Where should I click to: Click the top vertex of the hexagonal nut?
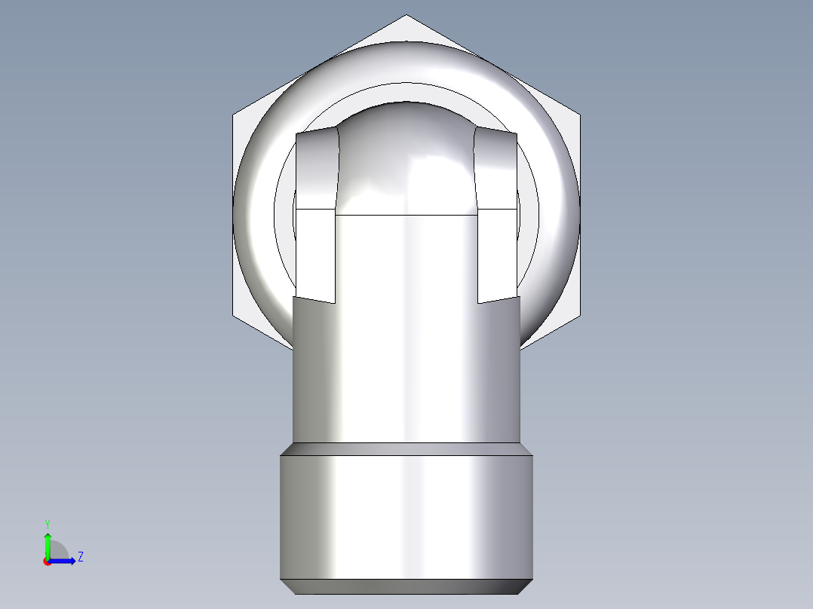(x=406, y=16)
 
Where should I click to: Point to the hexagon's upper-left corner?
(x=234, y=115)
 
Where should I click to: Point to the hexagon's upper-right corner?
(x=579, y=115)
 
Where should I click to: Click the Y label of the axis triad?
(x=47, y=523)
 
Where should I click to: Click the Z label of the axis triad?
(x=80, y=557)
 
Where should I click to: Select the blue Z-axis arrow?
(x=63, y=561)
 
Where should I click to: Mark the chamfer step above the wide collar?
(x=406, y=448)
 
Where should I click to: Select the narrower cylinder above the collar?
(x=406, y=369)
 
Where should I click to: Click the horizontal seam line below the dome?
(x=406, y=216)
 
